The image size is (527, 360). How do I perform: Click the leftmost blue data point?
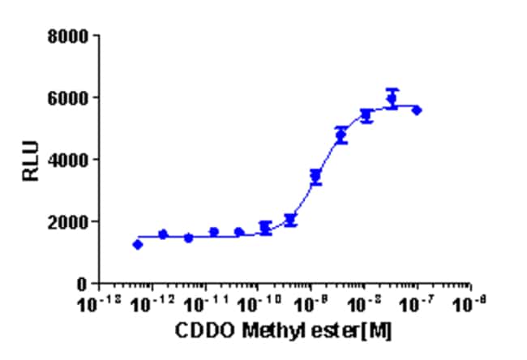click(x=138, y=244)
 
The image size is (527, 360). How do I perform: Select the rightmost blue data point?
click(x=417, y=109)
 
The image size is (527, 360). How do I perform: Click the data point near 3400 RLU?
click(x=316, y=176)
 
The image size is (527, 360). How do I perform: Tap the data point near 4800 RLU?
click(x=341, y=135)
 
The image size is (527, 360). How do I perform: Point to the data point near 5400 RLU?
click(x=366, y=116)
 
